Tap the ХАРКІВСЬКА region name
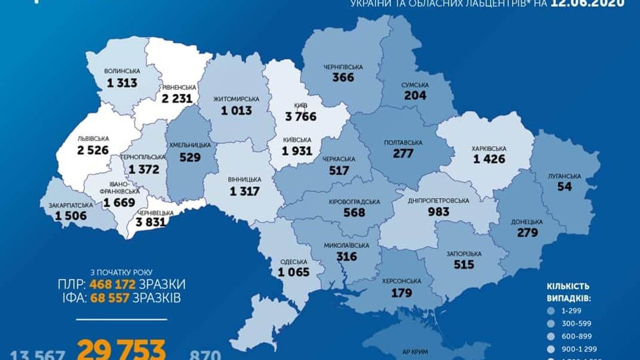click(489, 149)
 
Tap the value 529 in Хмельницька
click(191, 158)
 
